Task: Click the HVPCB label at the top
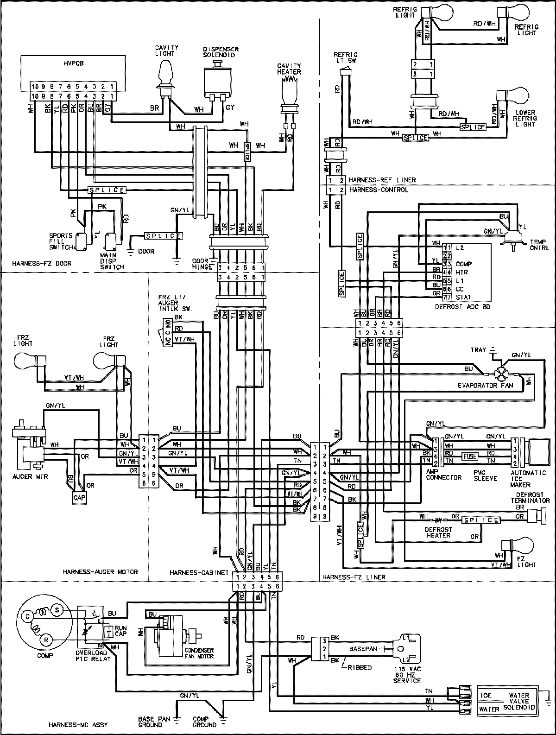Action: point(72,63)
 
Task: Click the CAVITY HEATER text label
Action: point(289,69)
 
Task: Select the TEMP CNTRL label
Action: point(539,244)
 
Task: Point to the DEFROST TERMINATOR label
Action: point(531,498)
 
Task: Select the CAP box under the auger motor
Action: point(77,498)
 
